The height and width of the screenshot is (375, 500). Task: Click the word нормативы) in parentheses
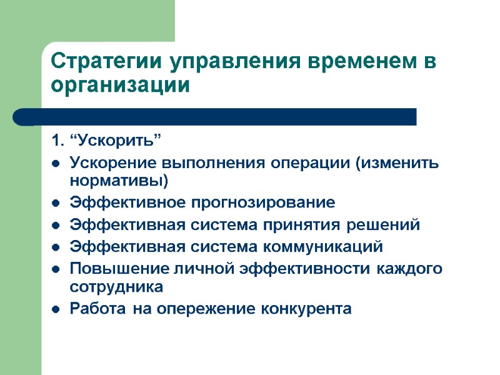119,181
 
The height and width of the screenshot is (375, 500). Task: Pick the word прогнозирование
259,204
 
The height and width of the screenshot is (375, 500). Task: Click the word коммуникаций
331,247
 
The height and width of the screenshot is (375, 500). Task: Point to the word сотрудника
116,287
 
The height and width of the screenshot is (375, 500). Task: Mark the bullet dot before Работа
56,309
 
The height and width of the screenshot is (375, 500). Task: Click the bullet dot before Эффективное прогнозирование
56,204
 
